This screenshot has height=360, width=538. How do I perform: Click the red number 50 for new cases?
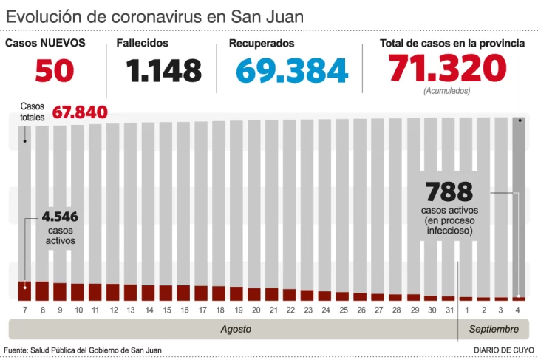pos(55,70)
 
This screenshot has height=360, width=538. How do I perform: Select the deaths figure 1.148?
pos(163,70)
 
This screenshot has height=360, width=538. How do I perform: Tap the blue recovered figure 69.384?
pos(292,70)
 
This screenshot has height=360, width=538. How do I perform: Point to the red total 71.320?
pos(447,69)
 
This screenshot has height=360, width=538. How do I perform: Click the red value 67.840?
pos(80,112)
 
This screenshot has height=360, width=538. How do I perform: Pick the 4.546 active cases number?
pos(60,217)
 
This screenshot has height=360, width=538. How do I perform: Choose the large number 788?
pos(449,191)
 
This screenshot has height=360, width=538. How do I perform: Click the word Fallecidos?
pos(142,44)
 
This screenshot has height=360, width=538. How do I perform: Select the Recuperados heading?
pos(262,44)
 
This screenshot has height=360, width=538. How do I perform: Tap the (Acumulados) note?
pos(446,91)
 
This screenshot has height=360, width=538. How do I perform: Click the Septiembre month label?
pos(494,328)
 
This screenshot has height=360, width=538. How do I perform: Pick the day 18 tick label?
pos(219,310)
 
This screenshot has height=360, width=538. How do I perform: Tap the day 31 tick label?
pos(449,310)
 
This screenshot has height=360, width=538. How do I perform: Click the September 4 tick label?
pos(520,310)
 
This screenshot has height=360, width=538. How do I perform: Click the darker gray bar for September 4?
pos(520,207)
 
